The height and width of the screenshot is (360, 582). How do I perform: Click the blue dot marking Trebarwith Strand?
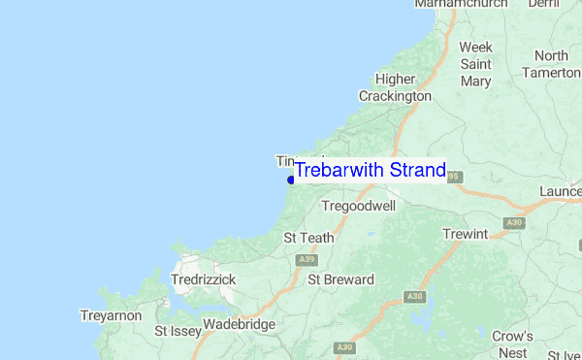291,180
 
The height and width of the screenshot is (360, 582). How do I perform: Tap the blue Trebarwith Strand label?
370,171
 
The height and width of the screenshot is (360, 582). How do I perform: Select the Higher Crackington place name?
395,88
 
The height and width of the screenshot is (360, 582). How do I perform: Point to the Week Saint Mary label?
475,64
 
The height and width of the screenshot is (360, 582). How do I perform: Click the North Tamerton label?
551,64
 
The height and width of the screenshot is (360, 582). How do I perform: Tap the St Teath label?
308,238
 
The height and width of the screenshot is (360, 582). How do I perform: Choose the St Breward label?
340,280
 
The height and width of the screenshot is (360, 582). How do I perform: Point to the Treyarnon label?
111,316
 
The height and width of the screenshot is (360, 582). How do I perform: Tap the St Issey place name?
178,332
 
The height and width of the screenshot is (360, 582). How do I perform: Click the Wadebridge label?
240,325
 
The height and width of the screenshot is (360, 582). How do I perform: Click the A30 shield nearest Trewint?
514,223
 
